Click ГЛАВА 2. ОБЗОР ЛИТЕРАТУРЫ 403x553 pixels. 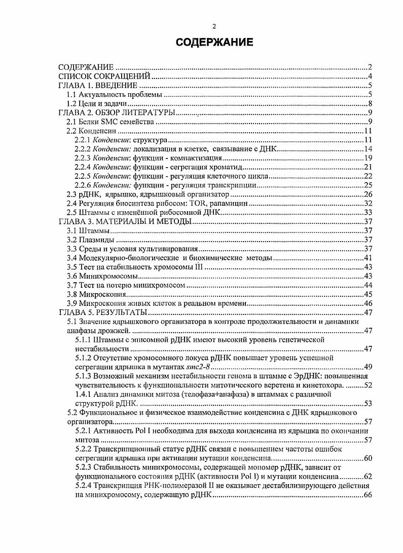click(118, 112)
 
